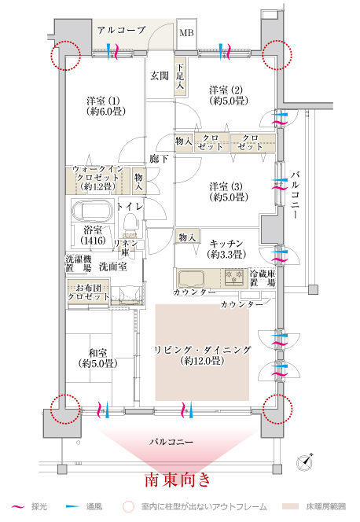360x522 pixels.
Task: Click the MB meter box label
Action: tap(186, 33)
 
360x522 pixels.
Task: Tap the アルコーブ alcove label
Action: tap(122, 31)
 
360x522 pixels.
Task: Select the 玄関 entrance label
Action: tap(160, 76)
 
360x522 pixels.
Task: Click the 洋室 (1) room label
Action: tap(105, 106)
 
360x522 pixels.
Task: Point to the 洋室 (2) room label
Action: tap(229, 95)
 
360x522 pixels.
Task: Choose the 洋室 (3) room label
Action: tap(229, 192)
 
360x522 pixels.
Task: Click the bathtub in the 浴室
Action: tap(93, 211)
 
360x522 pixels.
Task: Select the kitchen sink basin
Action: tap(191, 279)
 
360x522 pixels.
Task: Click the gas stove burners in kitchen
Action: tap(234, 278)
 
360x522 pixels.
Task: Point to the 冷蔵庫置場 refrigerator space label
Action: tap(263, 278)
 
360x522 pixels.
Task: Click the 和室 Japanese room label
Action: tap(97, 358)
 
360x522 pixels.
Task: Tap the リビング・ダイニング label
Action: tap(202, 355)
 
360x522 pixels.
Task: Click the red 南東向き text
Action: tap(178, 480)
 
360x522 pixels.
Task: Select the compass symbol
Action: tap(305, 461)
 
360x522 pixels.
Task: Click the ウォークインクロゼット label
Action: tap(97, 178)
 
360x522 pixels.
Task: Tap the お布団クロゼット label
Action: tap(89, 292)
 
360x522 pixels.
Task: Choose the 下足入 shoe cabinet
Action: tap(180, 76)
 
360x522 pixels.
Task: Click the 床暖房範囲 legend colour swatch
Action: tap(291, 507)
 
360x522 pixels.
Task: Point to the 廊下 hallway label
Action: tap(159, 159)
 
